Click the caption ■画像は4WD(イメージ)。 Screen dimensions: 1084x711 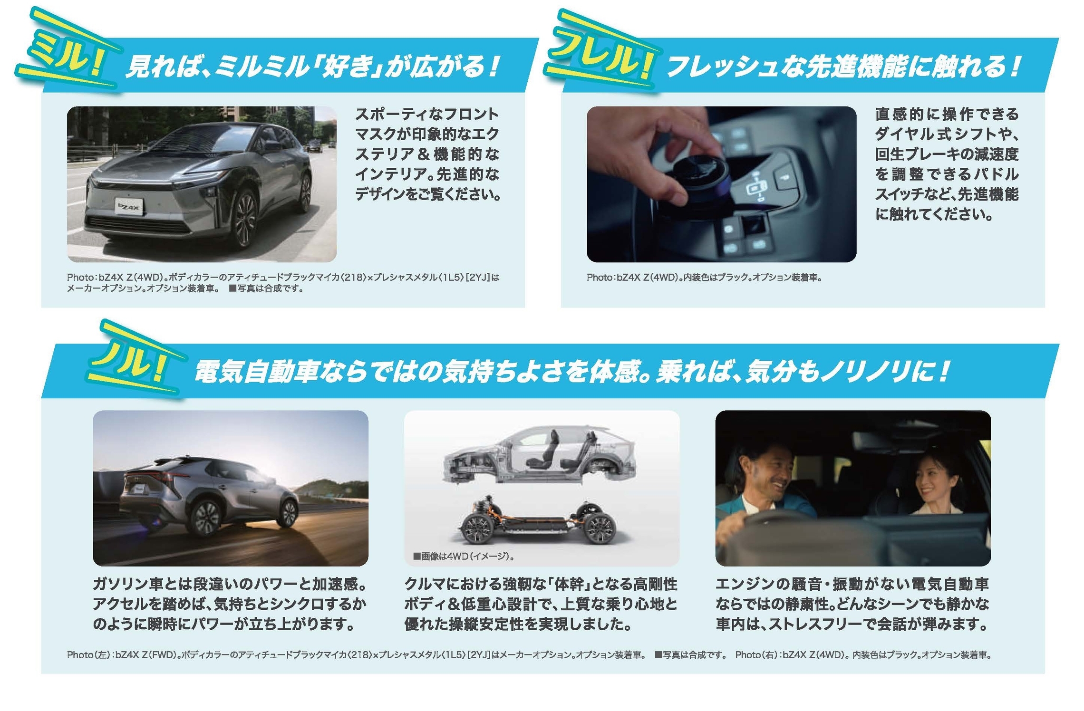point(464,556)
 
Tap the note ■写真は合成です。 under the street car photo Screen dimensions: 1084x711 point(267,288)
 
